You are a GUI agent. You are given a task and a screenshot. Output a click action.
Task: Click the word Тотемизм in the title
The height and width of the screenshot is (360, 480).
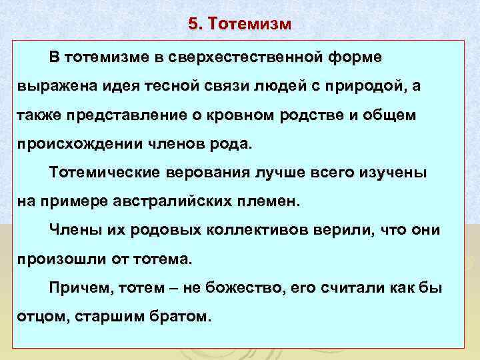tap(250, 25)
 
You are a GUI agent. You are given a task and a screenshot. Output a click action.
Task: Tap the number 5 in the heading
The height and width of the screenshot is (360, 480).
tap(193, 25)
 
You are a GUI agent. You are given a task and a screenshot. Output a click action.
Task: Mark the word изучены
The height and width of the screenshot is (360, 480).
tap(391, 173)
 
